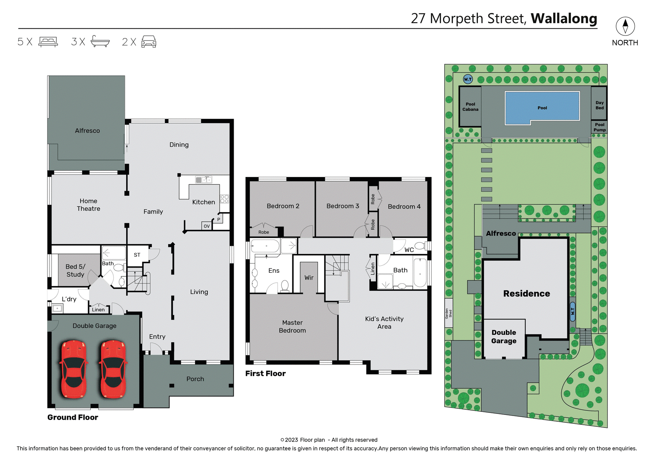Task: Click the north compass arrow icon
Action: pos(625,26)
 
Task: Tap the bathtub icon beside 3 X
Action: pos(100,42)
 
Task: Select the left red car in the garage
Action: pos(74,369)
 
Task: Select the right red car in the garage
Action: pos(113,369)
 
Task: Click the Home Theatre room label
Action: pos(88,205)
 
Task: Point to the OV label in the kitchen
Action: pos(207,226)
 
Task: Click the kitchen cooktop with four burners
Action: pos(224,199)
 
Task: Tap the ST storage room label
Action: pos(137,255)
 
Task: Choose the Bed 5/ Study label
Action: pos(75,270)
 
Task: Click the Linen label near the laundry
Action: pos(98,310)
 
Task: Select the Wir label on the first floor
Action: pos(309,278)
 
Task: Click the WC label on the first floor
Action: pos(409,250)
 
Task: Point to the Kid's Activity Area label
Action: pos(384,323)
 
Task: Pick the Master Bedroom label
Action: pos(292,326)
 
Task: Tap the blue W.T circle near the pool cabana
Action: pos(468,79)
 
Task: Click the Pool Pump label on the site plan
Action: pos(599,127)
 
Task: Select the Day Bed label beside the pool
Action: pos(599,105)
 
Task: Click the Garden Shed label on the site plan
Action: pos(448,313)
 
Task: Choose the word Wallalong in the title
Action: pos(564,18)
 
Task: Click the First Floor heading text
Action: pos(265,373)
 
